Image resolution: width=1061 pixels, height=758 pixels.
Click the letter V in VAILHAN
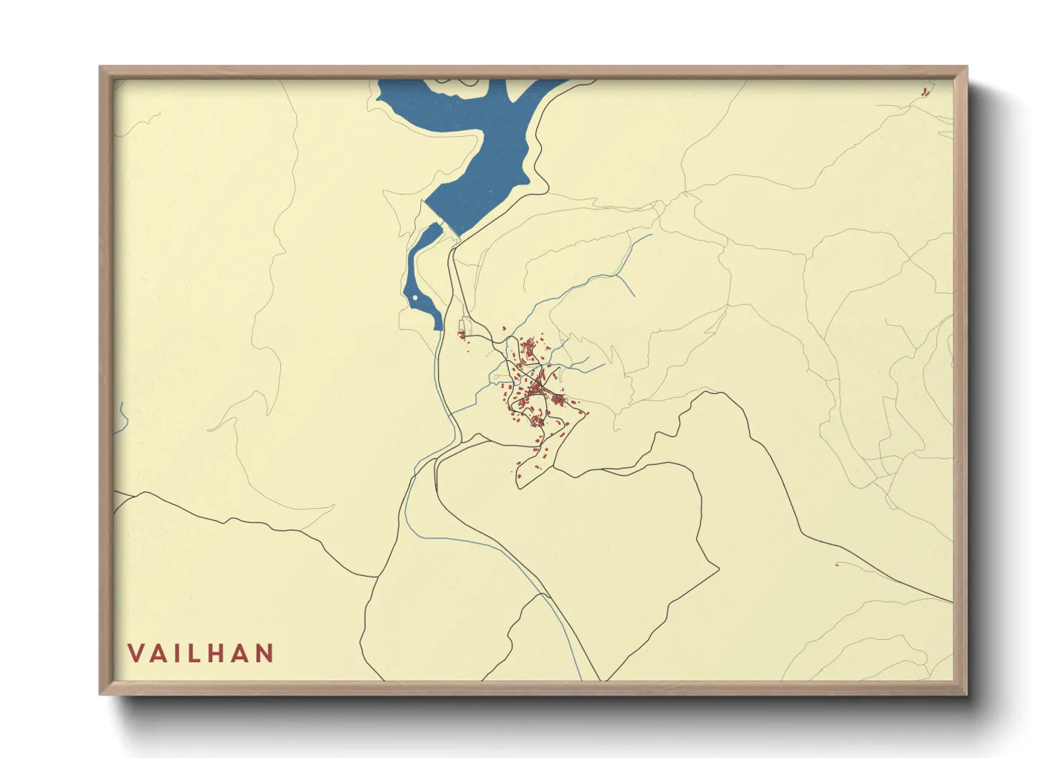point(135,653)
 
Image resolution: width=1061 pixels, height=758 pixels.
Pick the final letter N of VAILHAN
point(265,653)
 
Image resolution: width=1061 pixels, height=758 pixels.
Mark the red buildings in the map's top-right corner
point(924,91)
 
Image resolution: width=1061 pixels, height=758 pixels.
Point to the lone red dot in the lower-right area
point(837,565)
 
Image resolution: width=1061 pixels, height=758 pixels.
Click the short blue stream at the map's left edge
point(123,417)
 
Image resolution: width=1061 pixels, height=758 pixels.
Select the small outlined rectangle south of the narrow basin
point(462,325)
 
